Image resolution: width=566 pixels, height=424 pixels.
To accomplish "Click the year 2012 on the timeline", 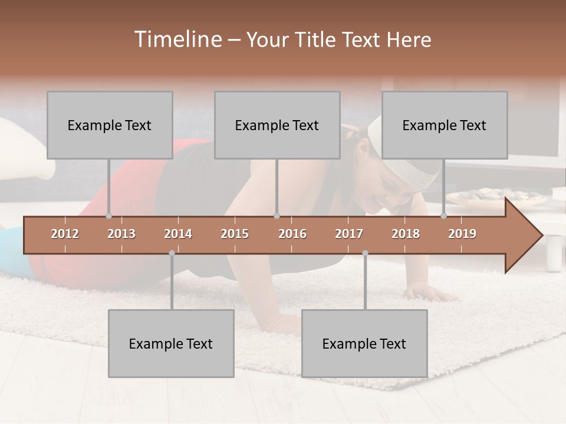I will click(x=65, y=234).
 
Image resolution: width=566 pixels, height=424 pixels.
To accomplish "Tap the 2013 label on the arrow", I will click(x=121, y=234).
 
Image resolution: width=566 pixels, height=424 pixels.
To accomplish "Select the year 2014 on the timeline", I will click(x=178, y=234).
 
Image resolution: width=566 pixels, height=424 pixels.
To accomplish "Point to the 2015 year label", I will click(x=235, y=234).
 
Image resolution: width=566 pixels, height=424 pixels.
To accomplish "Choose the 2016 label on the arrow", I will click(x=292, y=234).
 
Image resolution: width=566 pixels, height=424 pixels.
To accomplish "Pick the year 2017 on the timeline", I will click(x=349, y=234).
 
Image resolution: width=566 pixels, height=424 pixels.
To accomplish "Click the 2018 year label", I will click(x=406, y=234).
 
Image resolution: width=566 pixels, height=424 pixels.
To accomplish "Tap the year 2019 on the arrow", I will click(x=462, y=234).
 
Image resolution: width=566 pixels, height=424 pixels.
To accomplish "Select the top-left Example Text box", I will click(x=110, y=125).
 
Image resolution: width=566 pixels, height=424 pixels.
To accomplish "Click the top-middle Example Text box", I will click(x=277, y=125).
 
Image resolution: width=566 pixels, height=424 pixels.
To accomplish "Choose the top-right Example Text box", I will click(x=445, y=125).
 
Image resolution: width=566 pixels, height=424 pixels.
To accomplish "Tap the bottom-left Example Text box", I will click(x=171, y=343).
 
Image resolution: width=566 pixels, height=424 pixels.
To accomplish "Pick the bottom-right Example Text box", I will click(x=364, y=343).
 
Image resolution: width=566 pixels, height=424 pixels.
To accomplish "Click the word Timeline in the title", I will click(x=177, y=39).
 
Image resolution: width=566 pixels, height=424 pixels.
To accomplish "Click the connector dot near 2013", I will click(x=108, y=216).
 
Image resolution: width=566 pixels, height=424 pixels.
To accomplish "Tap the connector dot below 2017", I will click(x=365, y=253).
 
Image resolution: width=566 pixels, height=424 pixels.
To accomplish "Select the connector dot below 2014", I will click(x=172, y=253).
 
